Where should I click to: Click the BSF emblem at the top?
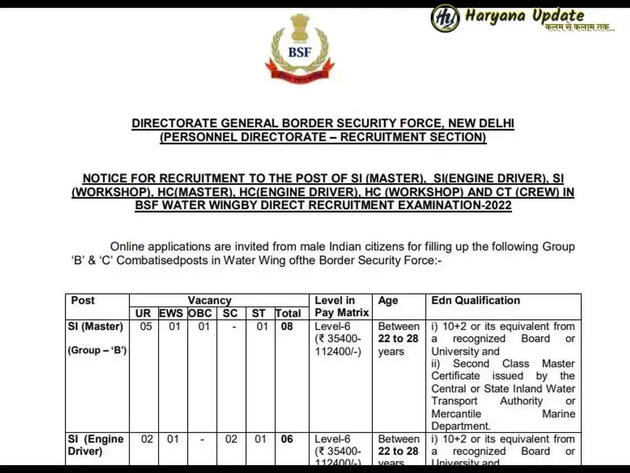[299, 48]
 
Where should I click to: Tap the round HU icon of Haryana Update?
[445, 18]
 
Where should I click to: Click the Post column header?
[83, 301]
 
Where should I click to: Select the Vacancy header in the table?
[209, 301]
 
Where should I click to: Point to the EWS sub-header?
[171, 314]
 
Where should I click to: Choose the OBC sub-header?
[200, 314]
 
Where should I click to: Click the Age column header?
[388, 301]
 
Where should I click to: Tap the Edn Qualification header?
[476, 301]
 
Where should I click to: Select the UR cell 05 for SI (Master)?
[145, 326]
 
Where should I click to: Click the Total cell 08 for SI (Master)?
[287, 326]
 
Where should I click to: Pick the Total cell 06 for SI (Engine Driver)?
[287, 439]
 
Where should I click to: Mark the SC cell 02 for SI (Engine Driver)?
[231, 439]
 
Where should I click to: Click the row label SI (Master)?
[96, 326]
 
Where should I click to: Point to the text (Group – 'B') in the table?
[97, 351]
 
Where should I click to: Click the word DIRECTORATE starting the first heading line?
[173, 124]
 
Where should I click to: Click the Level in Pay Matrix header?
[342, 307]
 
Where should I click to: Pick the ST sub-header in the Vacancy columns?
[259, 314]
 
